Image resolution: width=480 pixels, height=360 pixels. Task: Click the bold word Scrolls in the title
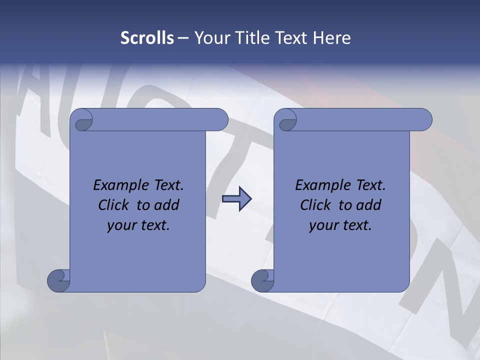point(147,38)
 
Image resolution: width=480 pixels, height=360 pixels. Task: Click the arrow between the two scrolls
point(236,199)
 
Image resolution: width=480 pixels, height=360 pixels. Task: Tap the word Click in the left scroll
point(113,205)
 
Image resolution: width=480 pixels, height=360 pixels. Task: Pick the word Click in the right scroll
point(315,205)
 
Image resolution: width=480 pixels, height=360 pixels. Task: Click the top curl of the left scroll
point(82,121)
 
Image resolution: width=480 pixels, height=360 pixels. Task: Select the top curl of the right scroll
point(286,121)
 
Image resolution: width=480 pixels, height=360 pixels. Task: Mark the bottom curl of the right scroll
point(262,280)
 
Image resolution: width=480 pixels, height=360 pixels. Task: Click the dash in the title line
point(183,38)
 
